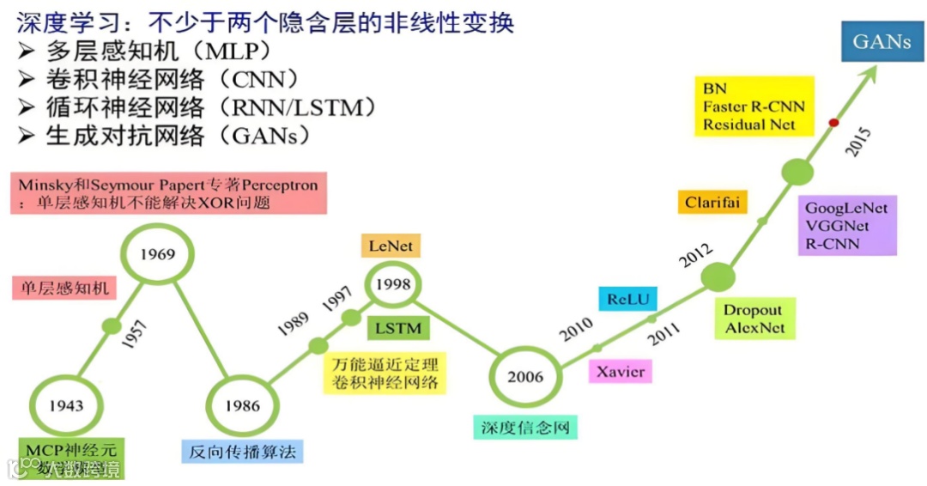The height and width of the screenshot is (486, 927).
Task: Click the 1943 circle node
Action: (x=65, y=404)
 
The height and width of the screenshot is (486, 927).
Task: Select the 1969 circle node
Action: (x=157, y=253)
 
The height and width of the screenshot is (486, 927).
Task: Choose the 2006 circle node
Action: (x=524, y=376)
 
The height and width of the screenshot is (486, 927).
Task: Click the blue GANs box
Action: (x=882, y=41)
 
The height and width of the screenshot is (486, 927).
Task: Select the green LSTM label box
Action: (x=397, y=327)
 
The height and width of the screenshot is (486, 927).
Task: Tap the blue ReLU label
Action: (x=627, y=300)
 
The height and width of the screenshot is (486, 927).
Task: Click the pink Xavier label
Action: (x=620, y=371)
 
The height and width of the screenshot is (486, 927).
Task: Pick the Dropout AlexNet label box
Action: (x=754, y=319)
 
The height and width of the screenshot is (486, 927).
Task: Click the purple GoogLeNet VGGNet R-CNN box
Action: (x=846, y=226)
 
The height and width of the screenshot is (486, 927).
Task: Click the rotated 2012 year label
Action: (x=694, y=257)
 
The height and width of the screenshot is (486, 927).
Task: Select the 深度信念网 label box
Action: (x=524, y=426)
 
